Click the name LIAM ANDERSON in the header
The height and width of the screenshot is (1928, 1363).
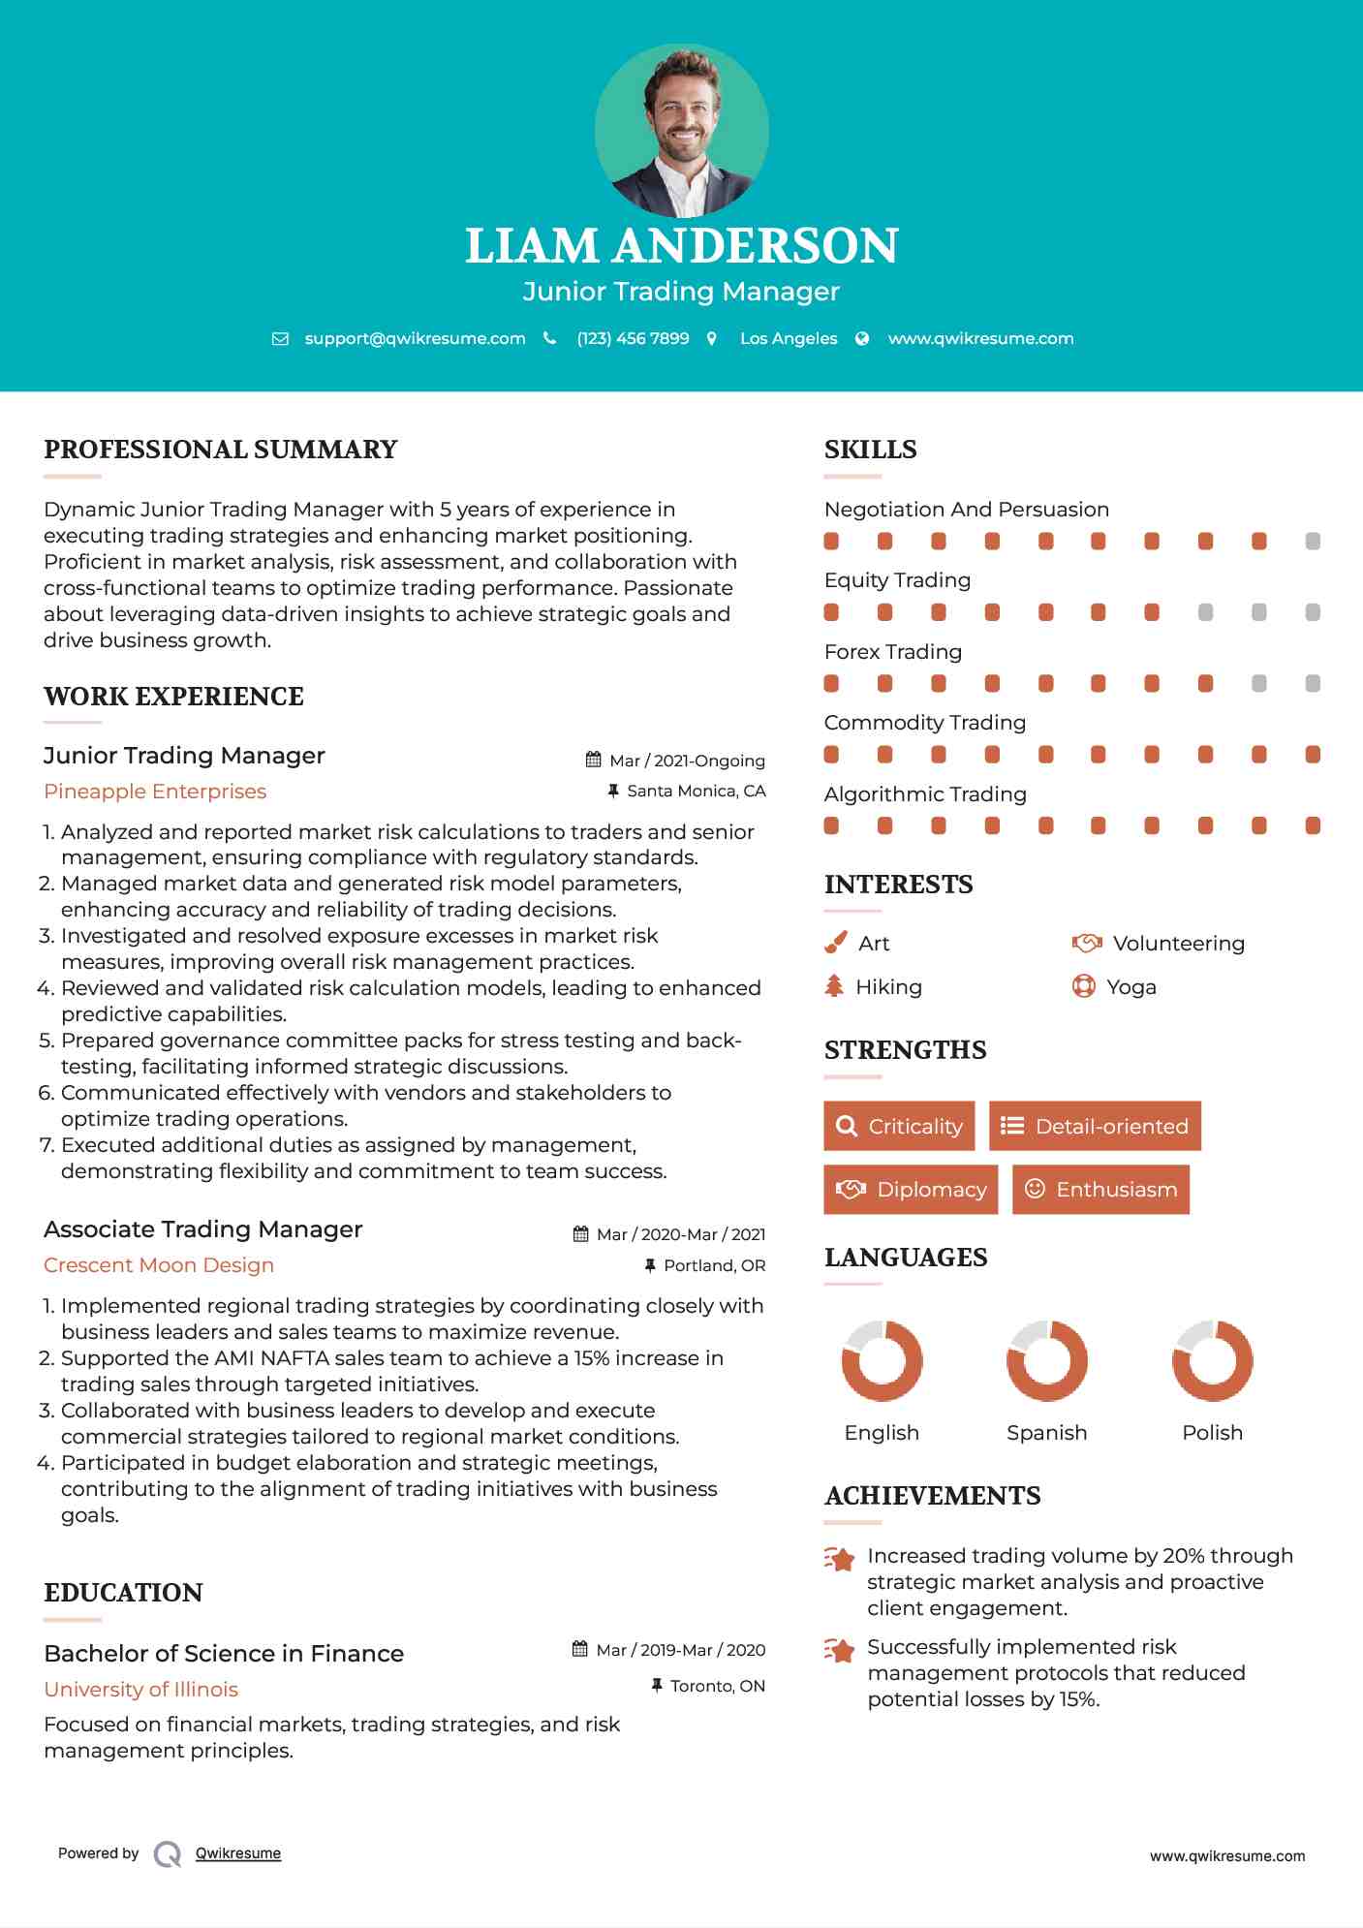pos(681,246)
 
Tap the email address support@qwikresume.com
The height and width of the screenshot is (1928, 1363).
pos(415,338)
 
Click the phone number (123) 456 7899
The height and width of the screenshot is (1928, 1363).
pos(633,338)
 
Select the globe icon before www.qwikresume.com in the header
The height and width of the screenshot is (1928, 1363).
pos(862,338)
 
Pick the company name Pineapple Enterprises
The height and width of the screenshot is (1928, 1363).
pos(155,792)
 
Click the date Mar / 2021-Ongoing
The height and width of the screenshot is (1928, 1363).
pos(687,761)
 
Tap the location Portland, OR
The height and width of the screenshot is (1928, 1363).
pos(714,1265)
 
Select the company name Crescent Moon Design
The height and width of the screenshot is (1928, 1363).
pos(159,1265)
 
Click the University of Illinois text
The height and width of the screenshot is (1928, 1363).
pos(141,1689)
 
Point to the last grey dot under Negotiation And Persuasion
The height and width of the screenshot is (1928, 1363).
pos(1313,542)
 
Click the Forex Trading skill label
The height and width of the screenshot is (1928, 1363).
pos(892,651)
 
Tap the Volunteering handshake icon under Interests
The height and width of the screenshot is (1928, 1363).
pos(1087,943)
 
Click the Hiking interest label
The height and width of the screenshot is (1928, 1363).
pos(888,986)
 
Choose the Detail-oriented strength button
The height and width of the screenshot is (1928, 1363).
pos(1095,1126)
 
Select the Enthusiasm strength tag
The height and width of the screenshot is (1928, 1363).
pos(1100,1189)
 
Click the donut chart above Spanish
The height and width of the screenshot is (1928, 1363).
pos(1046,1360)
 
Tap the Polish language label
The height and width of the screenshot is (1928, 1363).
pos(1212,1432)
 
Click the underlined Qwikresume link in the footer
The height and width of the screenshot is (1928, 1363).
pos(238,1852)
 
